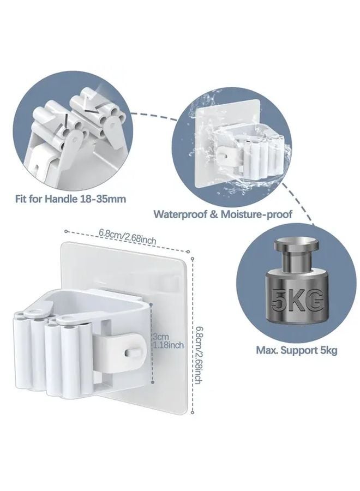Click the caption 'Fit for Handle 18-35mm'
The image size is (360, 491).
pos(70,199)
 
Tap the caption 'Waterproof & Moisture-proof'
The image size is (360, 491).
pos(223,214)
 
